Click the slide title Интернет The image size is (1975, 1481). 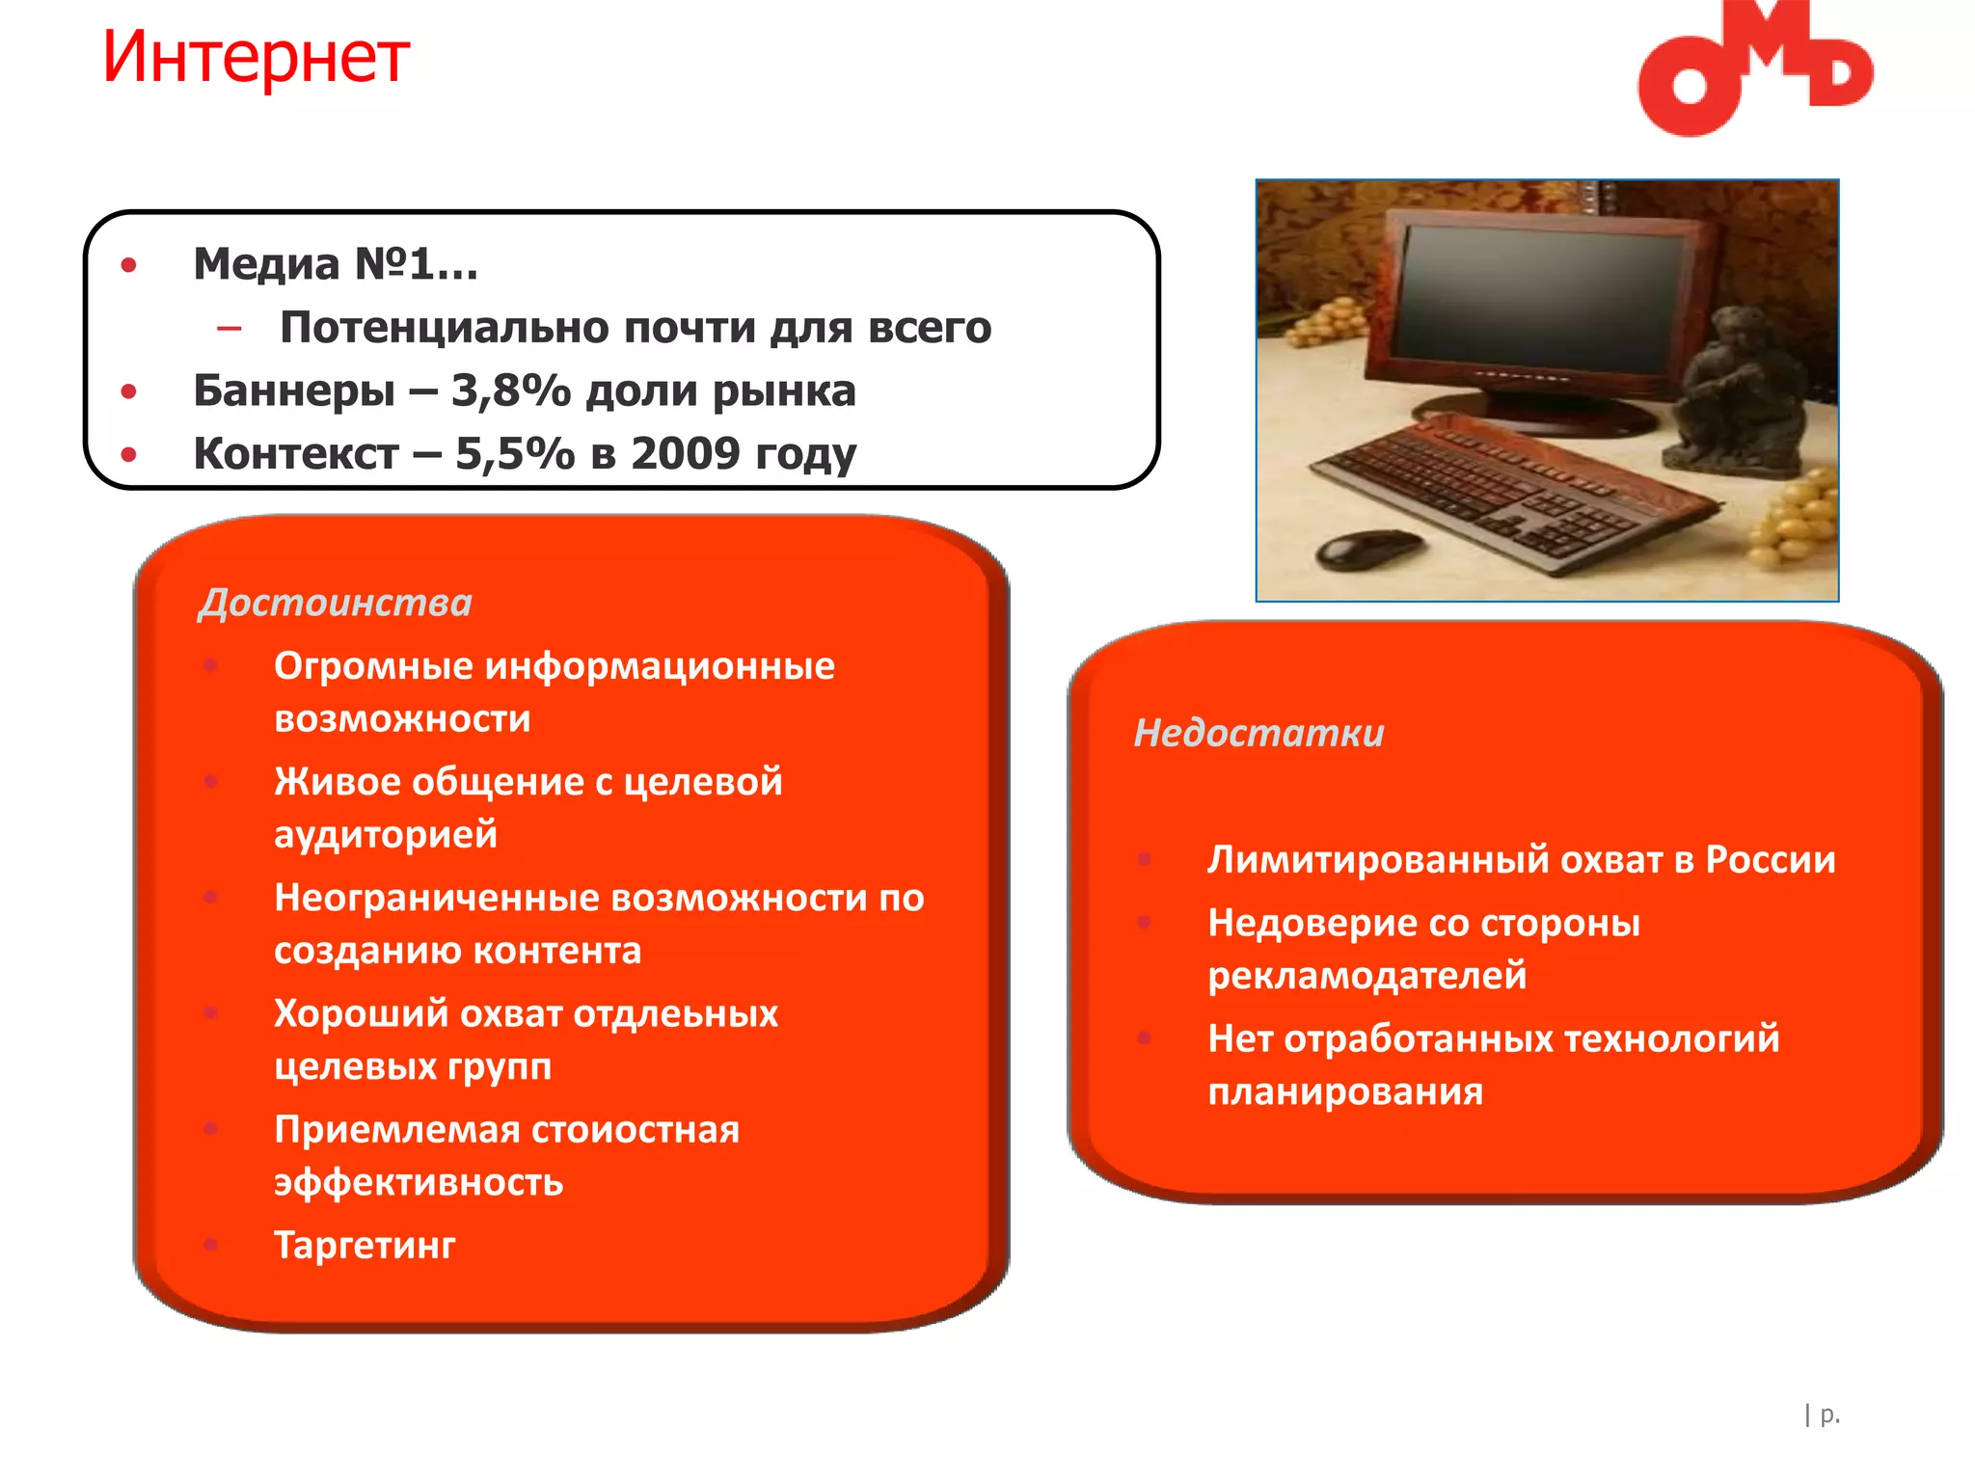coord(256,58)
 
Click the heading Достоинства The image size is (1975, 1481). coord(335,603)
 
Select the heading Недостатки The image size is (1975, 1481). coord(1258,733)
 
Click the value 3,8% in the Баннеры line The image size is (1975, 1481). coord(510,390)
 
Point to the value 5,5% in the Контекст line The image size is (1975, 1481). coord(514,453)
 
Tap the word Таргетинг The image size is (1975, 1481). coord(365,1245)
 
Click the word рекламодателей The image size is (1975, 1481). coord(1366,976)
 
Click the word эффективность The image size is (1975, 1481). coord(419,1182)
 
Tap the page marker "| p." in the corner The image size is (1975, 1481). coord(1822,1414)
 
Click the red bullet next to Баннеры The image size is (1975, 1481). coord(128,391)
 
